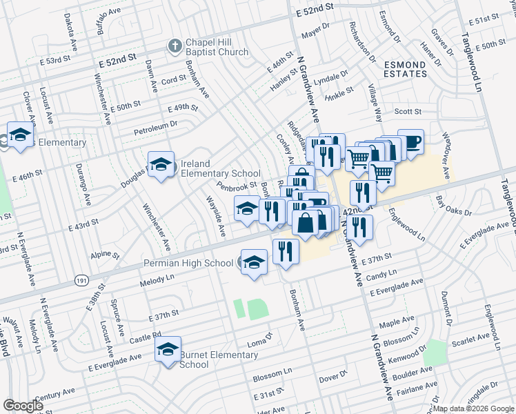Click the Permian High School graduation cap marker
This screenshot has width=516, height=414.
tap(254, 263)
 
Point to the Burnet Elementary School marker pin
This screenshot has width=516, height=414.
tap(168, 351)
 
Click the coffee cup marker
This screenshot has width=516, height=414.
tap(410, 143)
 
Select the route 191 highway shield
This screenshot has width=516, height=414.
tap(81, 281)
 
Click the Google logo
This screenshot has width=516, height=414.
tap(23, 406)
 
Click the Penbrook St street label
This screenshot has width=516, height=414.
tap(237, 186)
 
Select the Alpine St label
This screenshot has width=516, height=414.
tap(105, 254)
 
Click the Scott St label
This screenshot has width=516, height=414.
tap(407, 111)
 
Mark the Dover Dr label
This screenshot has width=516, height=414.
tap(333, 376)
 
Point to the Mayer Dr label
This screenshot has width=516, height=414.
tap(317, 31)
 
